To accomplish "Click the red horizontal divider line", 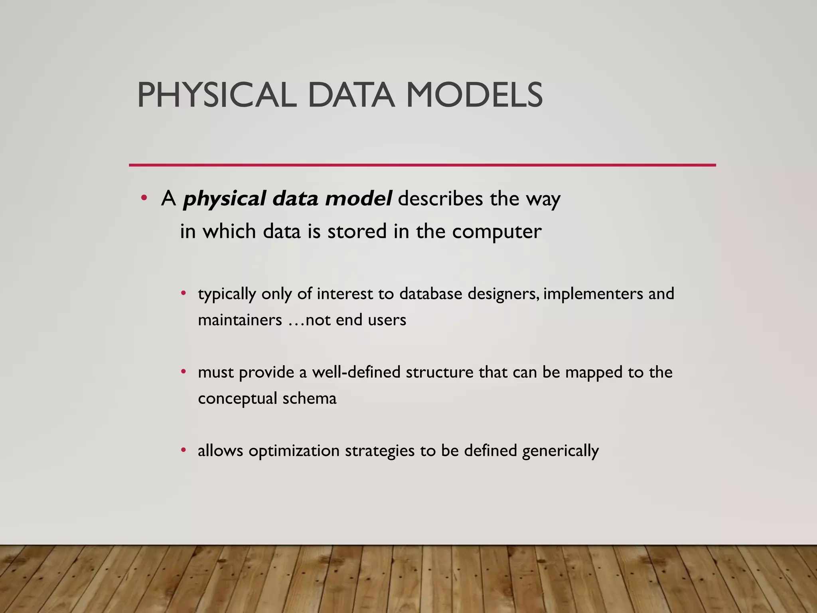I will [422, 165].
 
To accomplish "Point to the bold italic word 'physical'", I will [225, 199].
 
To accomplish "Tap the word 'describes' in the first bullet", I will [440, 198].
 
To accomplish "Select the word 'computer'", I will [497, 232].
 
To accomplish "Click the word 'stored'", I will [357, 231].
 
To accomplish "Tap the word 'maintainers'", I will [240, 320].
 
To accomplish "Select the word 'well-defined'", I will [356, 372].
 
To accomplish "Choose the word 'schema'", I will [310, 398].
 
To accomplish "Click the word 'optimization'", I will [294, 451].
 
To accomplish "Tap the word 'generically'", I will [560, 451].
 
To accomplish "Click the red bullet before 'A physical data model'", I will [144, 198].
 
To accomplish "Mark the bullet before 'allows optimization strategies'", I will [184, 450].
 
